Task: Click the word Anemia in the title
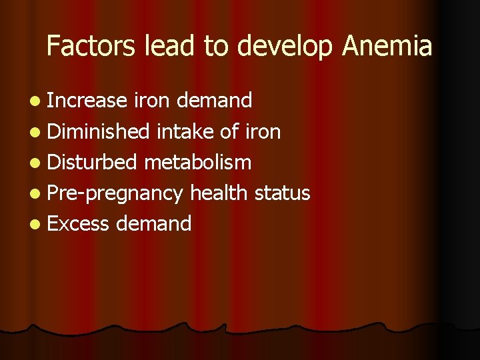[387, 46]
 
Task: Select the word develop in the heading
[283, 46]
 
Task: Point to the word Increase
[87, 101]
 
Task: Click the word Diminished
[99, 131]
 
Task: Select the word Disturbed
[93, 162]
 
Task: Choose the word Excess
[79, 223]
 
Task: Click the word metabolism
[197, 162]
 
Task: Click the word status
[283, 193]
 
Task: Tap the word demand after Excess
[153, 223]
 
